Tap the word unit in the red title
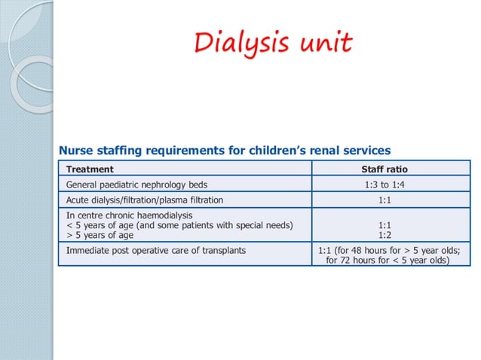(x=322, y=43)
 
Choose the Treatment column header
(x=90, y=169)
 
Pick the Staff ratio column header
(x=384, y=169)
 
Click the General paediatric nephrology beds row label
(x=136, y=185)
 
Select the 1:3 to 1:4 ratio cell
(x=384, y=185)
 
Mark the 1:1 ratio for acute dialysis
(x=384, y=200)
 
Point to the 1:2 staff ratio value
(x=384, y=234)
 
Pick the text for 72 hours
(x=354, y=261)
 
